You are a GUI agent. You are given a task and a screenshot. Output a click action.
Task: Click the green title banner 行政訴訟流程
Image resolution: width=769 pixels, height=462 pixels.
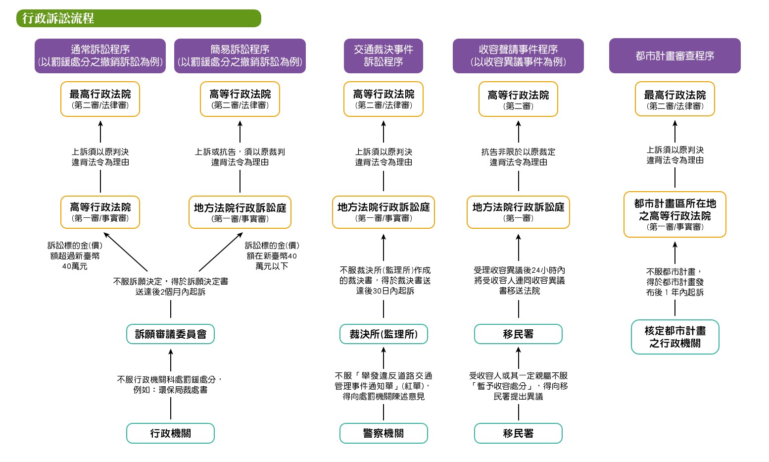pyautogui.click(x=139, y=18)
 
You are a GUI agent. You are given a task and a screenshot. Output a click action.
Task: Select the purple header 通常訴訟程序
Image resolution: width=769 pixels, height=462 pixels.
pyautogui.click(x=100, y=56)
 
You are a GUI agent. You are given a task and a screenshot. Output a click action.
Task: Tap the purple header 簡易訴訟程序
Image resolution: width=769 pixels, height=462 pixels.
pyautogui.click(x=240, y=56)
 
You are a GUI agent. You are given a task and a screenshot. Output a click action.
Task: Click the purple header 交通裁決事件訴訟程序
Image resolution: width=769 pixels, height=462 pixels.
pyautogui.click(x=384, y=56)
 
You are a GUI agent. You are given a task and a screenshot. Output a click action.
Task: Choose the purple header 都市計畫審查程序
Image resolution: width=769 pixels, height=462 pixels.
pyautogui.click(x=674, y=56)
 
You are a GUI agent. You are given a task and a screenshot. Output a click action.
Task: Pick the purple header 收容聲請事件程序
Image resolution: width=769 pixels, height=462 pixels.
pyautogui.click(x=518, y=56)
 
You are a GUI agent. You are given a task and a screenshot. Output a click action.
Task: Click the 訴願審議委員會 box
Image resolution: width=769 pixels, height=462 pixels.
pyautogui.click(x=171, y=334)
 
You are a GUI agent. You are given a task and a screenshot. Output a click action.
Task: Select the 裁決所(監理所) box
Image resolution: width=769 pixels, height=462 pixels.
pyautogui.click(x=384, y=334)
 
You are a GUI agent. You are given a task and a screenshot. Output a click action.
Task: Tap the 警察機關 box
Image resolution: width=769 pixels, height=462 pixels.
pyautogui.click(x=384, y=433)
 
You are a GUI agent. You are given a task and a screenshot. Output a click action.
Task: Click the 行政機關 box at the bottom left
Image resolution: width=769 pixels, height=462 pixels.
pyautogui.click(x=171, y=433)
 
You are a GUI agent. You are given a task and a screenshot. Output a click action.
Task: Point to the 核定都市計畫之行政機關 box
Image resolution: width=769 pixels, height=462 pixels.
pyautogui.click(x=675, y=337)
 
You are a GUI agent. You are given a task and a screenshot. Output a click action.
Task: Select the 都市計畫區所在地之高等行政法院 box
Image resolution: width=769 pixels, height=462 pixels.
pyautogui.click(x=675, y=214)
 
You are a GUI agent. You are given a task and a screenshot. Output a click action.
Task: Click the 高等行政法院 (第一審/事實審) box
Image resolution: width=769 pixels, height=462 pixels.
pyautogui.click(x=100, y=212)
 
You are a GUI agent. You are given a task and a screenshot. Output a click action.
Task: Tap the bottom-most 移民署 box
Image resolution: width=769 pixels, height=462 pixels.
pyautogui.click(x=518, y=433)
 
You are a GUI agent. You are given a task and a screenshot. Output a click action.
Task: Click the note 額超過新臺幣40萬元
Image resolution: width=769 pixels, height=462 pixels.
pyautogui.click(x=75, y=256)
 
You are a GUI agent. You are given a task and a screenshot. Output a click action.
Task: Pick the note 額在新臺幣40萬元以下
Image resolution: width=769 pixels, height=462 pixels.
pyautogui.click(x=272, y=256)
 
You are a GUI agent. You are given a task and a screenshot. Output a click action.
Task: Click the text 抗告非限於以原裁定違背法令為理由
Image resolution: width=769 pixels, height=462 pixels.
pyautogui.click(x=518, y=157)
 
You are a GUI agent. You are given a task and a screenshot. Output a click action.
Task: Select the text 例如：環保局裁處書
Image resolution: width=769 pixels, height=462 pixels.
pyautogui.click(x=171, y=390)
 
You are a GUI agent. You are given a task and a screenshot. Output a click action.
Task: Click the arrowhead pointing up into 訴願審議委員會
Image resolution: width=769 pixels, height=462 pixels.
pyautogui.click(x=171, y=352)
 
